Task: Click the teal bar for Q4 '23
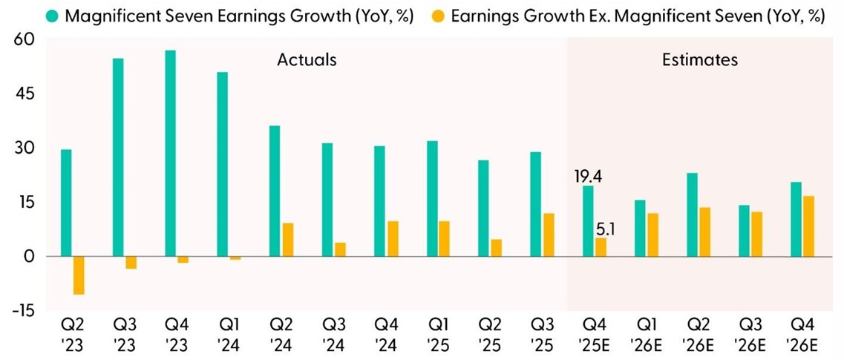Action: (x=170, y=153)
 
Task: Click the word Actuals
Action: (x=307, y=59)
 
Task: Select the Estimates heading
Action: (x=700, y=59)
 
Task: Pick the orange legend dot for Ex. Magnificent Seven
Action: (x=439, y=16)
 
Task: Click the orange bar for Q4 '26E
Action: (x=809, y=226)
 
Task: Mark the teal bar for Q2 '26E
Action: (x=692, y=215)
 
